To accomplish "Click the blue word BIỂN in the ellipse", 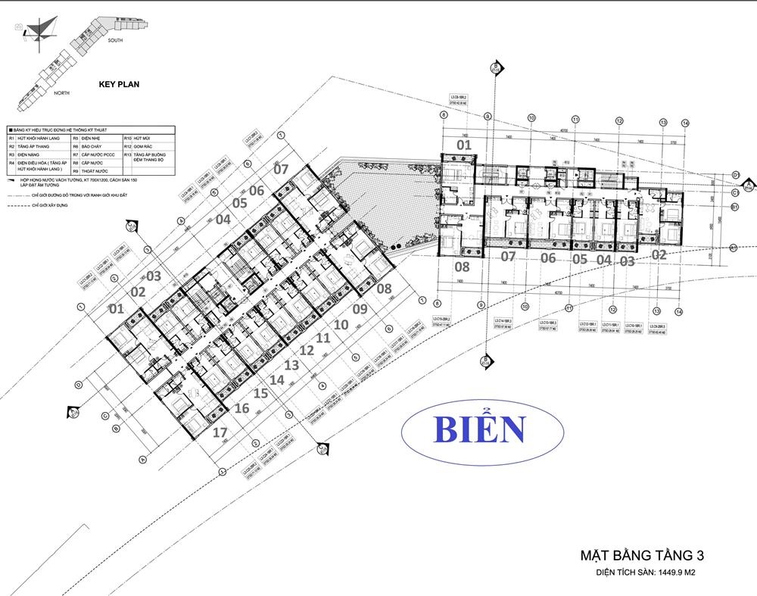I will [480, 429].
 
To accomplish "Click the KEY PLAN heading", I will [120, 86].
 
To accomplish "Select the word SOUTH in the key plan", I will [116, 39].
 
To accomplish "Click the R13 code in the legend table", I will [128, 154].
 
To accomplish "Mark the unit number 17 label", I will [220, 433].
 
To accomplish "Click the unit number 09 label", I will [359, 309].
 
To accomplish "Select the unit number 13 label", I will [291, 365].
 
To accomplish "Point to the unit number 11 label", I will [323, 338].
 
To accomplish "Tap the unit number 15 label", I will [260, 394].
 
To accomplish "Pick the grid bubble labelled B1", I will [734, 206].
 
